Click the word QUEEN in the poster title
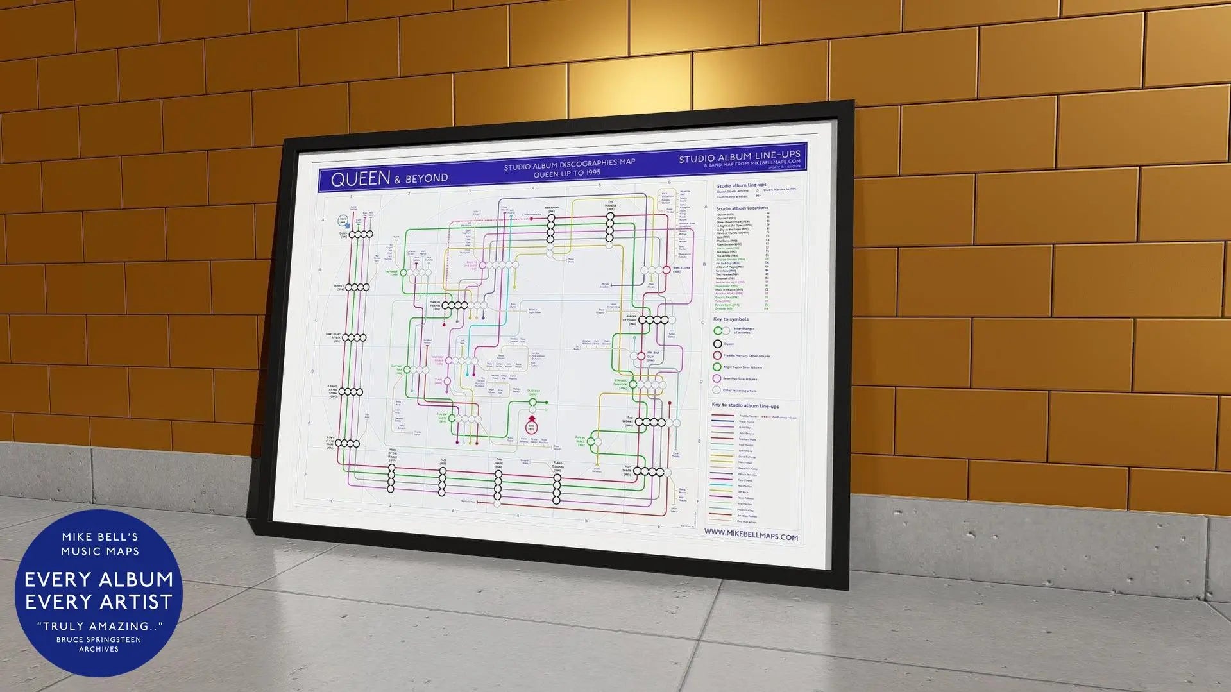click(360, 178)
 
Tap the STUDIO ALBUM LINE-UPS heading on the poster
click(739, 156)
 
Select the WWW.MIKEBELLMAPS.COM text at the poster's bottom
click(751, 535)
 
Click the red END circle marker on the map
click(531, 426)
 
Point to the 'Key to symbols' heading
click(731, 319)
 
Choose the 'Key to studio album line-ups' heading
click(745, 405)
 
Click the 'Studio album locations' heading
click(742, 208)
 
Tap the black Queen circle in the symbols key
click(718, 344)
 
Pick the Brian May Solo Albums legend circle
click(717, 378)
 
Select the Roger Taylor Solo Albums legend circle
click(717, 367)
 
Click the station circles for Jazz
click(442, 482)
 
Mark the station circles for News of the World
click(391, 478)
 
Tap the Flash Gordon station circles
click(556, 489)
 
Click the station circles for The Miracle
click(610, 228)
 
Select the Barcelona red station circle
click(666, 270)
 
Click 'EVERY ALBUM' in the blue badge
click(99, 579)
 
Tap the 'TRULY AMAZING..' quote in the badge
click(99, 626)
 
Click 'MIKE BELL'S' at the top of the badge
click(99, 537)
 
